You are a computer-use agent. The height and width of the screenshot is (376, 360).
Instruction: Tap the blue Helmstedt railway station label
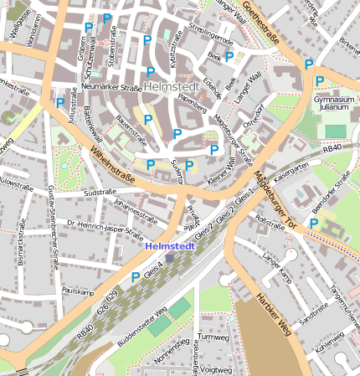pyautogui.click(x=170, y=247)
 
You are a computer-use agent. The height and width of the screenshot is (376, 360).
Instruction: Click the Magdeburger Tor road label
pyautogui.click(x=273, y=199)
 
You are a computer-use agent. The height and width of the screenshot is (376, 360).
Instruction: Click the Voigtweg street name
pyautogui.click(x=217, y=368)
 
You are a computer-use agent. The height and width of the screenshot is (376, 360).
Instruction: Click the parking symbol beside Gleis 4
pyautogui.click(x=135, y=277)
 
